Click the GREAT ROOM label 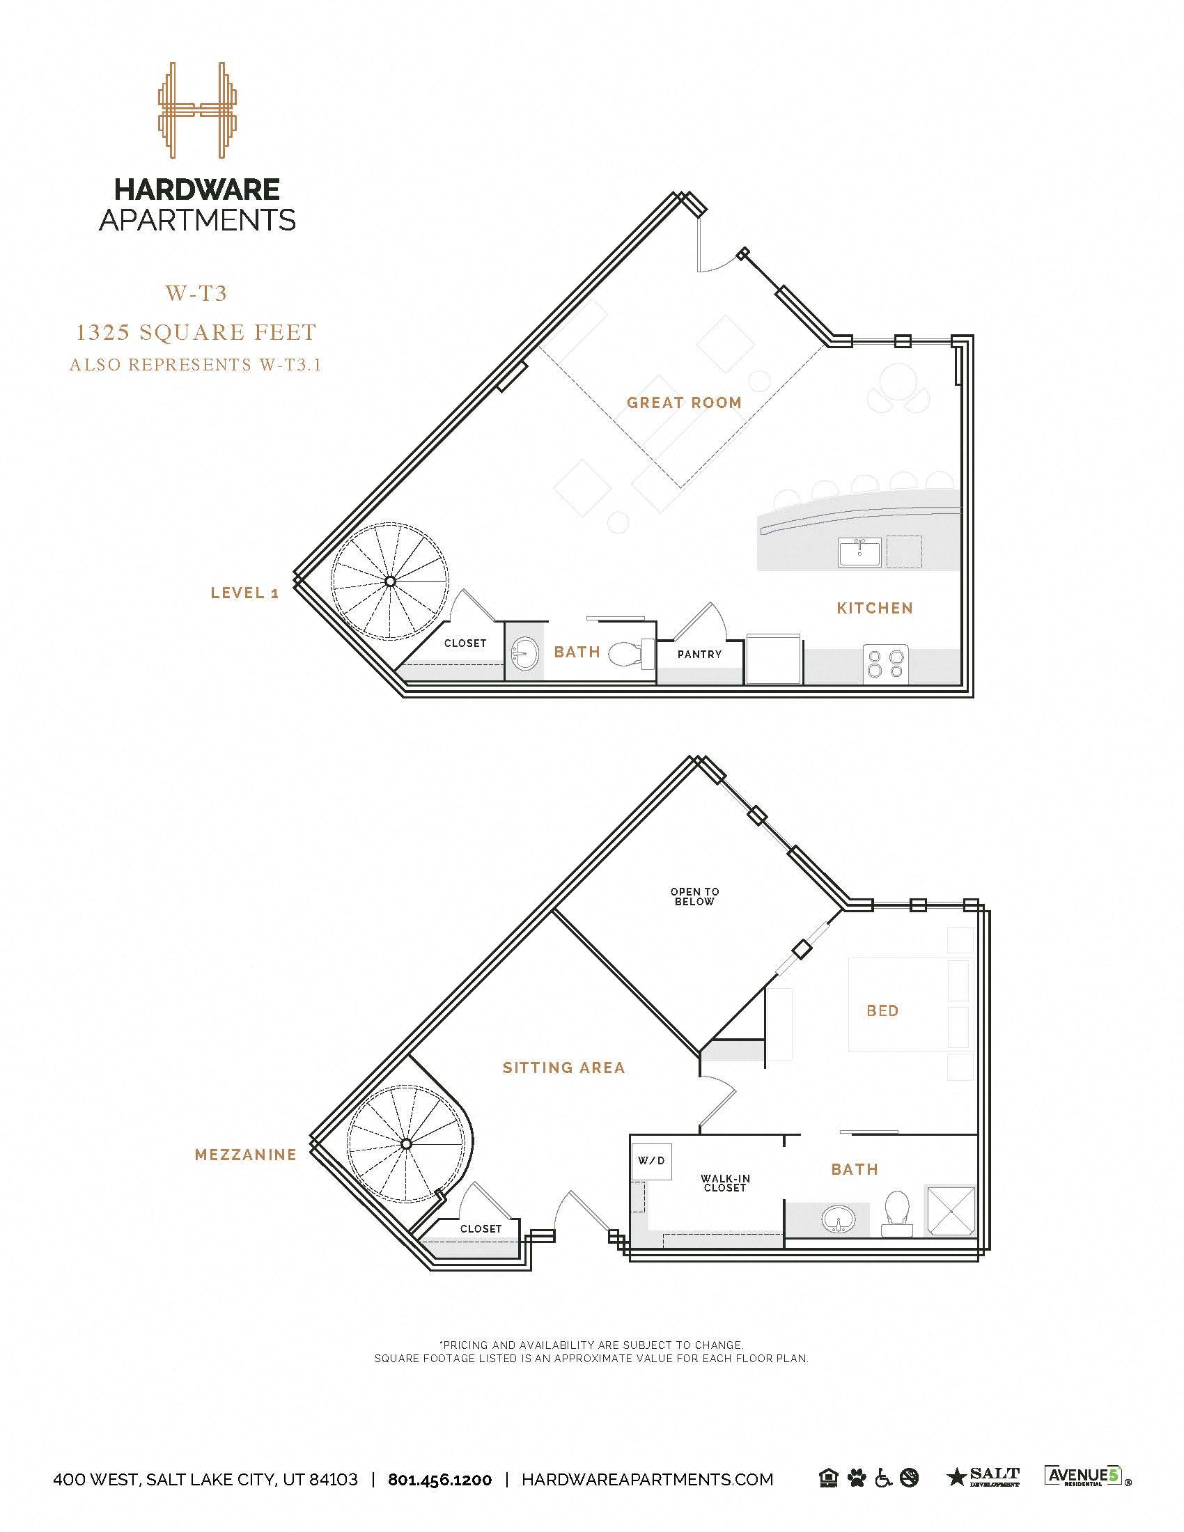point(683,402)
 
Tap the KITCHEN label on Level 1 point(875,608)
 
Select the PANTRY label point(699,654)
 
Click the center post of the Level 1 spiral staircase point(389,581)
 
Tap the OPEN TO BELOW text point(694,896)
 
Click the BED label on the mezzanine point(882,1011)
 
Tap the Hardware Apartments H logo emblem point(197,110)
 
